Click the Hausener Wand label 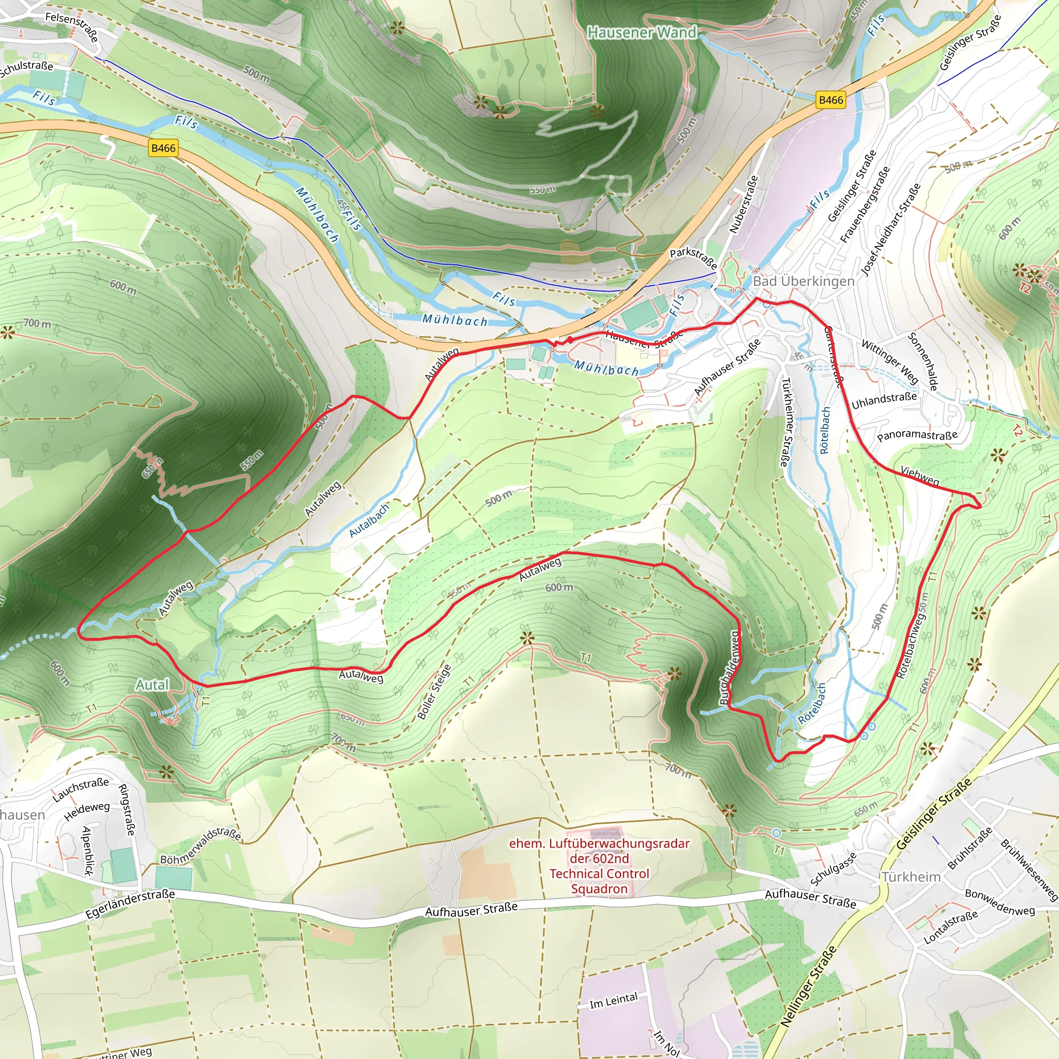[642, 33]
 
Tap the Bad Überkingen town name [803, 281]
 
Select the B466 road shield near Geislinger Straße [830, 100]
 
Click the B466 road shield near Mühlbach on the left [163, 148]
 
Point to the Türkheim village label [911, 877]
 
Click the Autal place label [153, 685]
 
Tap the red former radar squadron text [599, 866]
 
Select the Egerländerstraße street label [130, 904]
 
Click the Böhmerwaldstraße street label [201, 846]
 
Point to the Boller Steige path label [434, 692]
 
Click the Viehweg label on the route [920, 476]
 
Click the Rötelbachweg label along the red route [911, 645]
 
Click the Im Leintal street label [613, 1001]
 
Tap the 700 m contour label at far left [37, 323]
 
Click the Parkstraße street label [693, 258]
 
